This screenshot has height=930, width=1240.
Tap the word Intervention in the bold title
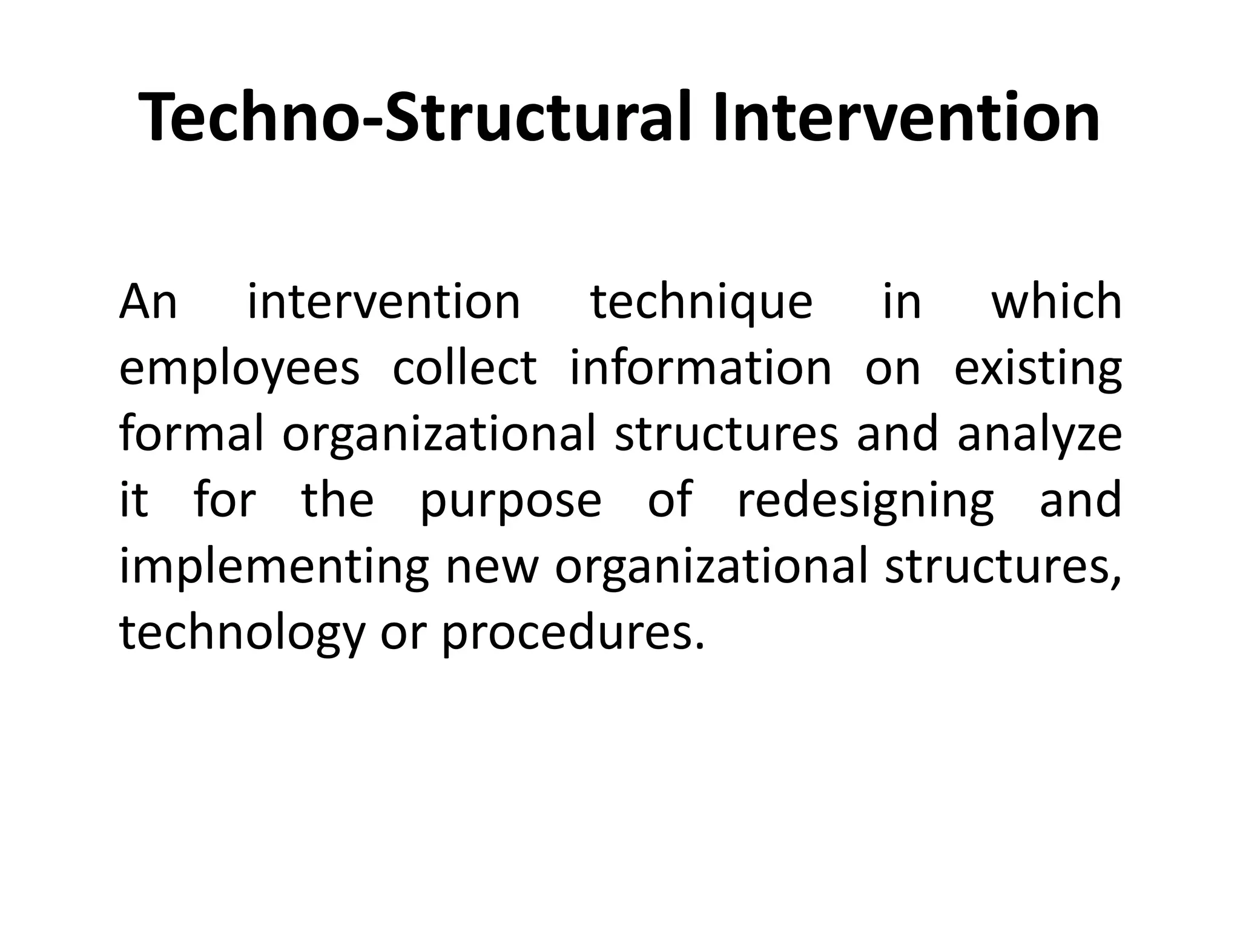[x=906, y=117]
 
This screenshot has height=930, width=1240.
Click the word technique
[x=701, y=303]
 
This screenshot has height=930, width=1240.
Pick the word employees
[x=240, y=369]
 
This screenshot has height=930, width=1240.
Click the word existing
[x=1038, y=369]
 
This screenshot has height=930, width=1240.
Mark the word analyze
[x=1040, y=436]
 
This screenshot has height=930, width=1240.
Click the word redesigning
[x=866, y=501]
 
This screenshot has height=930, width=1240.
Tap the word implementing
[x=274, y=567]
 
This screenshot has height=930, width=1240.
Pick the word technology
[x=242, y=634]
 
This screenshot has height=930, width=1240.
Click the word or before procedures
[x=403, y=634]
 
